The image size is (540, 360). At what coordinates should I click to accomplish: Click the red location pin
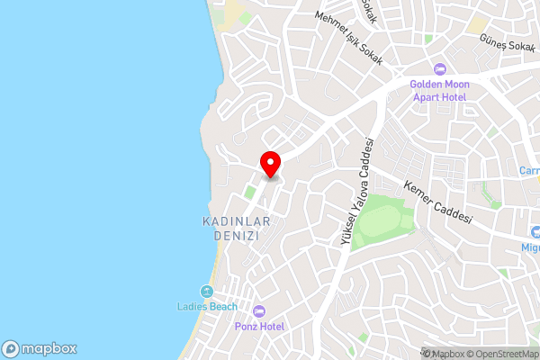pyautogui.click(x=270, y=164)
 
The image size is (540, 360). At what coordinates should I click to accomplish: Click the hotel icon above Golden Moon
pyautogui.click(x=440, y=69)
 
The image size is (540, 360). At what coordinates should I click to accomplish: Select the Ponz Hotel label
pyautogui.click(x=259, y=326)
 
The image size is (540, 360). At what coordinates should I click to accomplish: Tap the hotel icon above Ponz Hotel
pyautogui.click(x=259, y=310)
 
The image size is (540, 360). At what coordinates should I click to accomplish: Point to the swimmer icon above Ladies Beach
pyautogui.click(x=207, y=292)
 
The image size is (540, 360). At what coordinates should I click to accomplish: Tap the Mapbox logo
pyautogui.click(x=40, y=348)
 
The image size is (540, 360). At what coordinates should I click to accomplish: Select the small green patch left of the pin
pyautogui.click(x=249, y=193)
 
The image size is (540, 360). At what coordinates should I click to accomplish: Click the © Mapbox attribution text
pyautogui.click(x=445, y=354)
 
